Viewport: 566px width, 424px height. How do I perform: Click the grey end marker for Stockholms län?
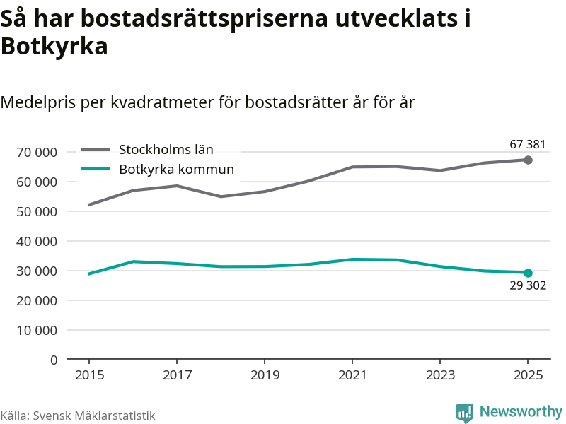(528, 160)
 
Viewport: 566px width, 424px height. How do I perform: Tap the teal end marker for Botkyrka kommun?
(528, 273)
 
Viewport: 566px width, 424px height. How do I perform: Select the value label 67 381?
(528, 145)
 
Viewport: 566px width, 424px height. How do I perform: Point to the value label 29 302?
(528, 286)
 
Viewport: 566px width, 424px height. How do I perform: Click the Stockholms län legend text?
(166, 149)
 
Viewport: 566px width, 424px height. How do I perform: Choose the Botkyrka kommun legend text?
(176, 169)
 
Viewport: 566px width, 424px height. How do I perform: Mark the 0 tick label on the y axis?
(54, 360)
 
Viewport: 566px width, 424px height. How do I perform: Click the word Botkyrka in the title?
(54, 47)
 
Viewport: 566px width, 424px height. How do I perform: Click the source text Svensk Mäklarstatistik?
(94, 416)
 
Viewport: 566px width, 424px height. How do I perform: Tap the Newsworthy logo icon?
(464, 413)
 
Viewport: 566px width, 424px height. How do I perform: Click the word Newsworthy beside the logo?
(521, 411)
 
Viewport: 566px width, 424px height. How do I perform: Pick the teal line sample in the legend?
(96, 169)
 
